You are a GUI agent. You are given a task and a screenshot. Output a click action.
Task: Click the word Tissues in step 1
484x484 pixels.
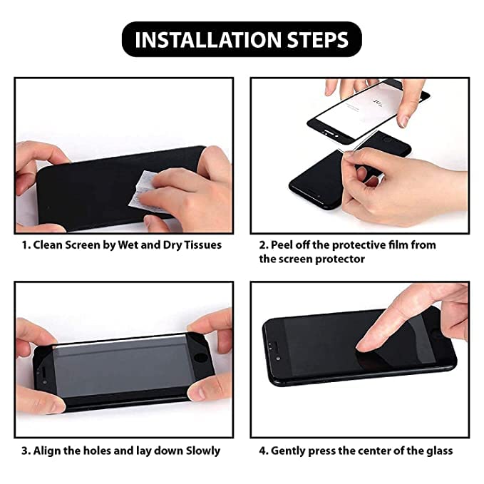point(200,244)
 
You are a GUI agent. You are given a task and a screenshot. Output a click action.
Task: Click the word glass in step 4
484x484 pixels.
point(436,450)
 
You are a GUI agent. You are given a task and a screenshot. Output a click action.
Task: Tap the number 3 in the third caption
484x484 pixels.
point(24,450)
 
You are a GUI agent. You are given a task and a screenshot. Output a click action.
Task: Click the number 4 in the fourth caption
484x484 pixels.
point(262,450)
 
